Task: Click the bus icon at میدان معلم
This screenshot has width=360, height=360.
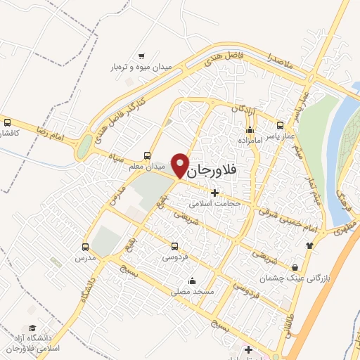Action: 147,155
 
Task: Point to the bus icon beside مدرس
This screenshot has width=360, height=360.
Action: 85,247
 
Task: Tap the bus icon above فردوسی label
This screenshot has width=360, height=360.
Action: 174,246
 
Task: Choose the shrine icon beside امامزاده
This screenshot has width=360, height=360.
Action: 249,129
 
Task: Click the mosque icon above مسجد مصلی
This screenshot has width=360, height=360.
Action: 192,281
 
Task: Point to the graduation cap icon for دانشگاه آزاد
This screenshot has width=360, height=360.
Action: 32,328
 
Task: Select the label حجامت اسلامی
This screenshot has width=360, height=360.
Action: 215,204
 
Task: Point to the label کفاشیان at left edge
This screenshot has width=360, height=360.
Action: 9,133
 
